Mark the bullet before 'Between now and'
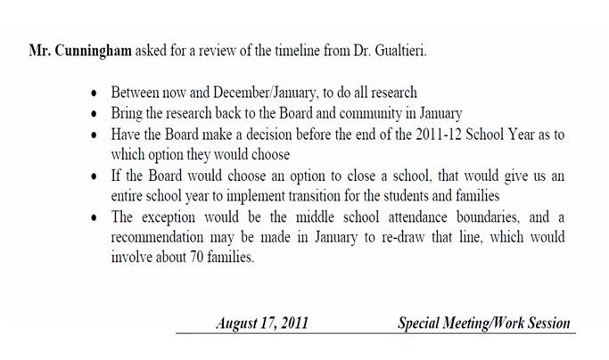[95, 93]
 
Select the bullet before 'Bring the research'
[95, 116]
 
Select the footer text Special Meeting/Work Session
[482, 323]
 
